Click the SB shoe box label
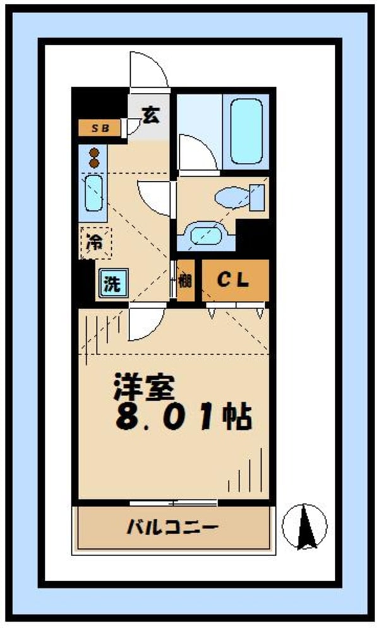100,128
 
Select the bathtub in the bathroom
246,132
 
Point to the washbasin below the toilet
207,235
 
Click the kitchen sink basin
93,193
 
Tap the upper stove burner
94,152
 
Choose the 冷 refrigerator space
96,243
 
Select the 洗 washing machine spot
113,283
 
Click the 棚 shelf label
184,280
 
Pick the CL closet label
233,279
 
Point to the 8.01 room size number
166,418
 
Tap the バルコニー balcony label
173,527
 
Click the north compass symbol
304,526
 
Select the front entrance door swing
148,69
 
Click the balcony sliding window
174,503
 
